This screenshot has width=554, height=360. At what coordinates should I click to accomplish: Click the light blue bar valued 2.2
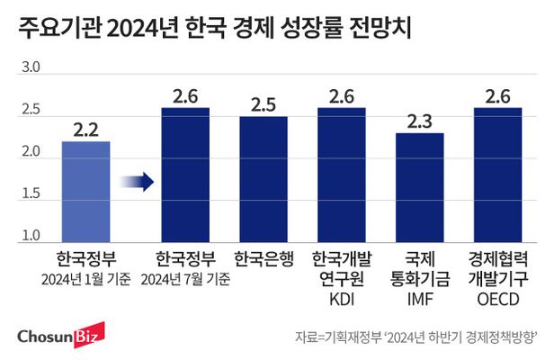(85, 192)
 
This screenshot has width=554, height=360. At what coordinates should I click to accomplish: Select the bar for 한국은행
(264, 179)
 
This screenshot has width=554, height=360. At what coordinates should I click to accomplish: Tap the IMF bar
(420, 187)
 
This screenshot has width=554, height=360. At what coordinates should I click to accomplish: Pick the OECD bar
(497, 175)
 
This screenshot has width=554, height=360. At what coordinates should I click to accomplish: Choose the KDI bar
(341, 175)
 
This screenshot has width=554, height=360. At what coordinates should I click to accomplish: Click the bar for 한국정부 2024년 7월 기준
(185, 175)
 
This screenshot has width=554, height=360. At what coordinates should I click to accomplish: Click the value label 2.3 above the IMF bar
(420, 121)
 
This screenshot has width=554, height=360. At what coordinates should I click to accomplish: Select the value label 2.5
(264, 104)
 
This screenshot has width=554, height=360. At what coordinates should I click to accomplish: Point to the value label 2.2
(85, 129)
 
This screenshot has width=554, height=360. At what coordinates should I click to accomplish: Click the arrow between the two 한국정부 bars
(136, 183)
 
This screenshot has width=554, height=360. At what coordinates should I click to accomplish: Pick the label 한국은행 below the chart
(264, 260)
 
